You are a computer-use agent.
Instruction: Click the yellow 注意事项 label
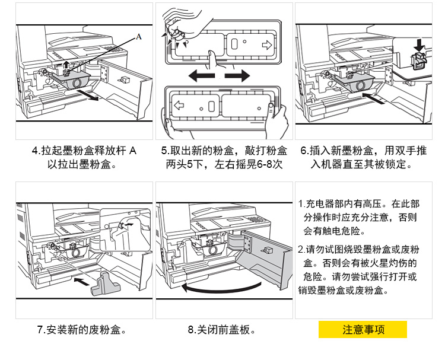(x=363, y=329)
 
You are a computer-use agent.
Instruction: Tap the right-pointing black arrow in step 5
(x=238, y=76)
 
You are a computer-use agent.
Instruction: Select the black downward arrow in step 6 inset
(x=419, y=44)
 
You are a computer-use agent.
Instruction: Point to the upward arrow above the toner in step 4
(x=66, y=63)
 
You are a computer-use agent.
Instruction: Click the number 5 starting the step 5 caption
(x=164, y=151)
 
